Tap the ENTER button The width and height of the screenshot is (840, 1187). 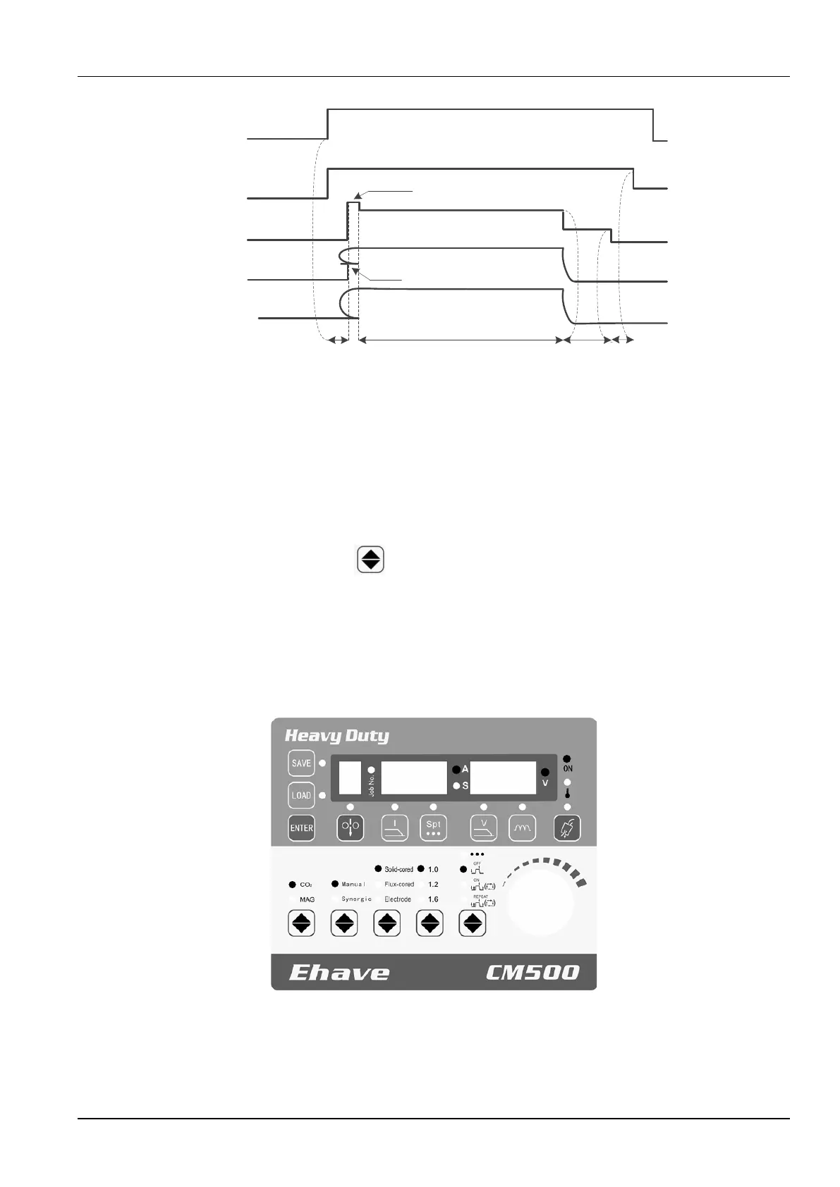click(301, 828)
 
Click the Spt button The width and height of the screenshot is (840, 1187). click(433, 828)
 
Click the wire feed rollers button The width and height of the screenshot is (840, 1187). click(351, 828)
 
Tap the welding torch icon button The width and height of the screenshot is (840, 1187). click(567, 828)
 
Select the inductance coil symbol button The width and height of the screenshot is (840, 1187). click(522, 828)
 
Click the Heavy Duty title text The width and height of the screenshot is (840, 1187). click(336, 737)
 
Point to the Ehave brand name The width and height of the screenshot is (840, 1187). click(339, 973)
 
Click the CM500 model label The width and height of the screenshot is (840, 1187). click(532, 973)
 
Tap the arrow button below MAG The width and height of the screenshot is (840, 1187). click(302, 923)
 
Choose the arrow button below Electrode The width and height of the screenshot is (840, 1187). click(387, 923)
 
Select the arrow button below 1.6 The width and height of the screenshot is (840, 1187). click(430, 923)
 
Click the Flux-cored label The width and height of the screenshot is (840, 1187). click(398, 884)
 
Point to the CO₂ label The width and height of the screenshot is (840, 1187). click(306, 885)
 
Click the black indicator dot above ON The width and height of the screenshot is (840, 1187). click(567, 758)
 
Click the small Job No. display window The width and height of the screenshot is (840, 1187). click(350, 778)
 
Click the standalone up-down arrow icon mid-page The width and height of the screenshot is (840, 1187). click(371, 559)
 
